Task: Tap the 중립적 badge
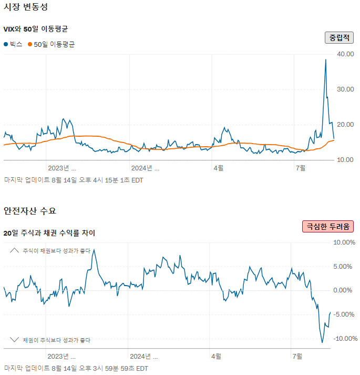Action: (x=339, y=37)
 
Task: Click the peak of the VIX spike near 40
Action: (x=325, y=59)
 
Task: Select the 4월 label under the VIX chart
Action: (x=218, y=168)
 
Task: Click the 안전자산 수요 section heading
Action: (x=29, y=211)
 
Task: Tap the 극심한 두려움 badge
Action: (x=328, y=226)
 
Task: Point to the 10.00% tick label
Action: (x=345, y=242)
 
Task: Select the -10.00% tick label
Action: (x=344, y=339)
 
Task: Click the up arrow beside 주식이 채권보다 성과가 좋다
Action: (x=14, y=250)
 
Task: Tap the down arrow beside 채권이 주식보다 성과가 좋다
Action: (x=14, y=340)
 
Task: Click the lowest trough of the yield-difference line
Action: (x=322, y=342)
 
